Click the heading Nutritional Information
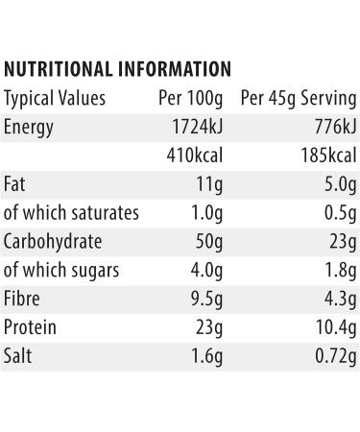(x=117, y=69)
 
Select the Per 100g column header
(x=190, y=98)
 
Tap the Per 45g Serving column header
(x=299, y=98)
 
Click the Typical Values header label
(x=55, y=98)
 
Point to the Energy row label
(x=29, y=127)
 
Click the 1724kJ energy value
(x=196, y=127)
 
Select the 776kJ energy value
(x=335, y=127)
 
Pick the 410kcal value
(x=194, y=156)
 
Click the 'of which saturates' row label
(x=72, y=212)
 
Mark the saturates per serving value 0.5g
(x=340, y=212)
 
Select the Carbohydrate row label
(x=53, y=241)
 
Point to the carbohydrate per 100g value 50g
(x=208, y=241)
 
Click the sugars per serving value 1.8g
(x=340, y=270)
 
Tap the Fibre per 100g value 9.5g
(x=206, y=299)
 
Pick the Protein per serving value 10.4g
(x=336, y=327)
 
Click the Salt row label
(x=16, y=356)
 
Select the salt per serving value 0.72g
(x=335, y=356)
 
